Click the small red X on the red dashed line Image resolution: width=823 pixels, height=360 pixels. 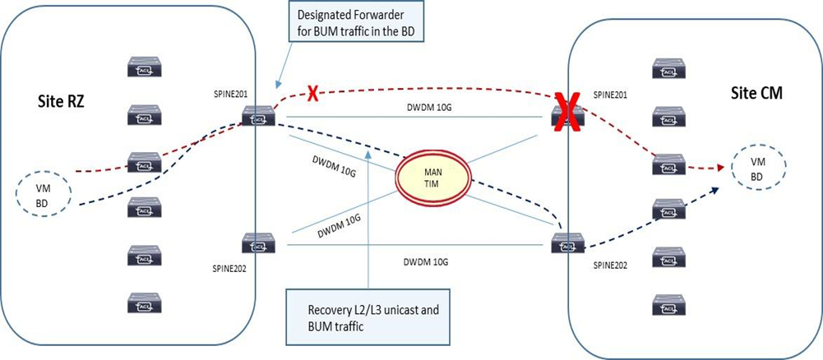312,92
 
